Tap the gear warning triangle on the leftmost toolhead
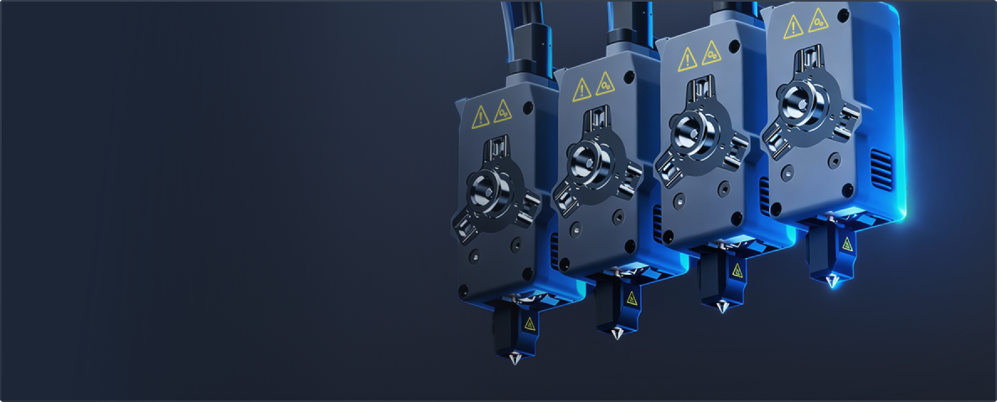503,110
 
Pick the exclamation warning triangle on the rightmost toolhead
793,27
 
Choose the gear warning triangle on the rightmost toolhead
817,20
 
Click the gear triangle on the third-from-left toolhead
711,52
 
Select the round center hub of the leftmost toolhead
486,186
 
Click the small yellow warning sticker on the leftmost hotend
529,323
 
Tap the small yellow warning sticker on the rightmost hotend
847,245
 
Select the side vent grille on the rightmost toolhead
881,168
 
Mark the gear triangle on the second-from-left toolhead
605,82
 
